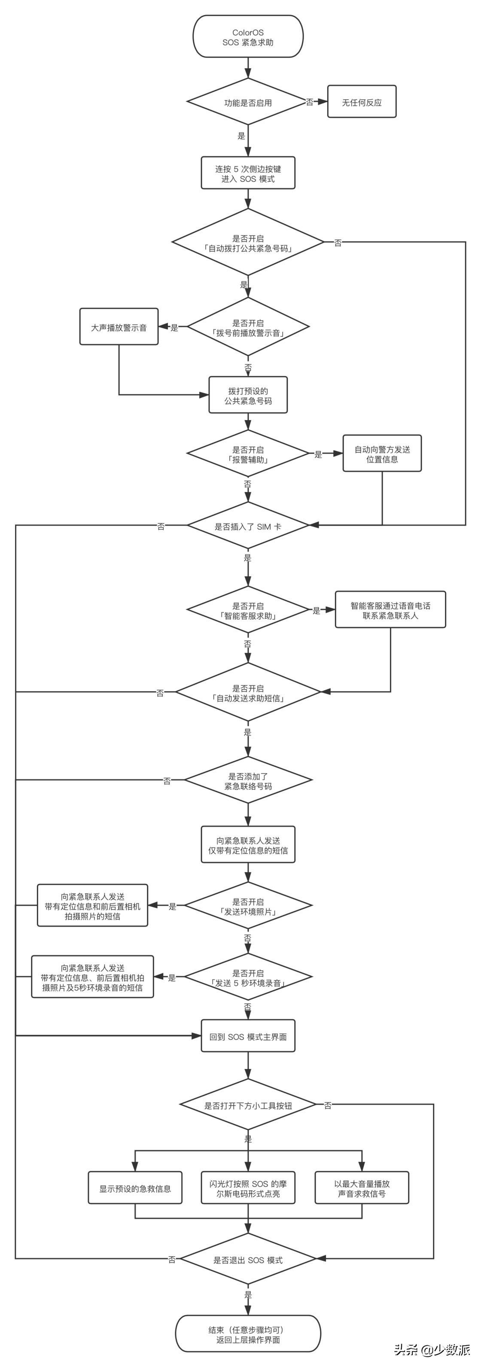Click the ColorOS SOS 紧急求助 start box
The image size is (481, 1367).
click(x=248, y=37)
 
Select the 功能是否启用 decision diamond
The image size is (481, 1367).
click(x=248, y=102)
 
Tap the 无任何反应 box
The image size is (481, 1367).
click(x=362, y=102)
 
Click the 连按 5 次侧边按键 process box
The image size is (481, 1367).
click(x=248, y=174)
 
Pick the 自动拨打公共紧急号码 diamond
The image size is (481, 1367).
click(x=248, y=243)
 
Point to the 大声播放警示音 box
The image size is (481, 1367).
click(x=119, y=327)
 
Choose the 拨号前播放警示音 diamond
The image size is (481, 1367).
click(x=248, y=327)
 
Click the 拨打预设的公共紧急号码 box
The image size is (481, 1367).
click(x=248, y=396)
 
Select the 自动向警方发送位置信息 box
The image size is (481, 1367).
click(x=382, y=454)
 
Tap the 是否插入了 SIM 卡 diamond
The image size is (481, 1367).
click(x=248, y=527)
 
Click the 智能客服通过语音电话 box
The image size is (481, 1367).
click(x=390, y=610)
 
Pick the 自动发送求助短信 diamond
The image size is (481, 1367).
click(x=248, y=693)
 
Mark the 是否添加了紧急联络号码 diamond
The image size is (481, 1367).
click(x=248, y=781)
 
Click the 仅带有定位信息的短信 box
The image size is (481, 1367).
click(x=248, y=845)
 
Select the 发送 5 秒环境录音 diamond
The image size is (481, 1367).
click(x=248, y=977)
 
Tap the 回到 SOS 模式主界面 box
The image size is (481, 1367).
click(x=248, y=1036)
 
